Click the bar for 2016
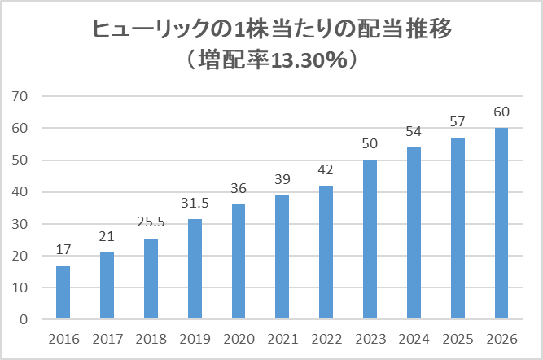[63, 292]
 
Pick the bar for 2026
[501, 224]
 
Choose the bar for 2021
[282, 257]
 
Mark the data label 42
[326, 171]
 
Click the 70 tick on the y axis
[20, 96]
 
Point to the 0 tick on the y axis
[24, 320]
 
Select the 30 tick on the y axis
[20, 224]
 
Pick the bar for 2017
[107, 286]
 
